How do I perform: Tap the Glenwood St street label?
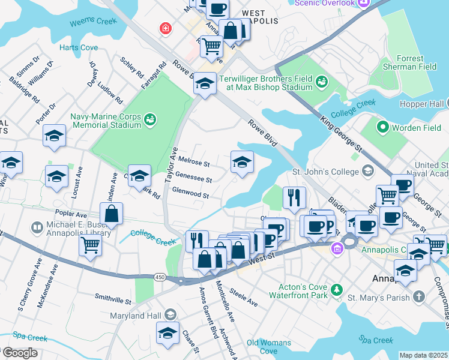coord(190,195)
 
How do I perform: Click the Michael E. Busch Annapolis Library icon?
coord(37,227)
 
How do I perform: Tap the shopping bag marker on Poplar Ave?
coord(111,214)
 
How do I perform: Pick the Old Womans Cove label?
coord(269,347)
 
